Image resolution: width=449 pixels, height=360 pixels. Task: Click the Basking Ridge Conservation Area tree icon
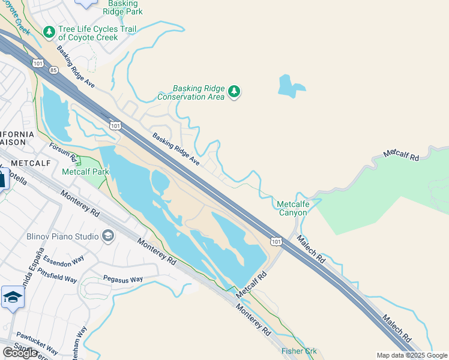(234, 92)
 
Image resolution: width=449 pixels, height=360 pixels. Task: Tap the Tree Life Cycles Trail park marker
(49, 31)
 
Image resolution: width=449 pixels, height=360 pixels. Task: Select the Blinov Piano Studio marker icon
(108, 235)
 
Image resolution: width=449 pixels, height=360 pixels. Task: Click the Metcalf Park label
(85, 172)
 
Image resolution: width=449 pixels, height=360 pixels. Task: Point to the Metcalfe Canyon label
(293, 208)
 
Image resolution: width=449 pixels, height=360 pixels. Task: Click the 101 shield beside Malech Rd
(276, 241)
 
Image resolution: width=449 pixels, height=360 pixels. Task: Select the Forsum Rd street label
(64, 152)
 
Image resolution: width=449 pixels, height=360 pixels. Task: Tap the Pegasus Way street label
(122, 279)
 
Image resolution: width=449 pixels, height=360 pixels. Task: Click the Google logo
(20, 352)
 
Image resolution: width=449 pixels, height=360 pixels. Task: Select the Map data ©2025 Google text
(411, 355)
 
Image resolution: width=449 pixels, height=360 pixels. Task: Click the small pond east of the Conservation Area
(291, 86)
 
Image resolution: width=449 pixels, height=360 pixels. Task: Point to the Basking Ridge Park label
(122, 7)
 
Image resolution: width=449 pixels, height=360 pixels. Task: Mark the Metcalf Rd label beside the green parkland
(401, 154)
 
